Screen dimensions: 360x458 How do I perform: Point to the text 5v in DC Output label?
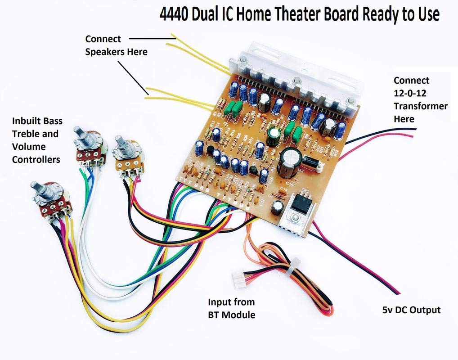point(386,310)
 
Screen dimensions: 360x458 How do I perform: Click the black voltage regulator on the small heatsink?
point(299,205)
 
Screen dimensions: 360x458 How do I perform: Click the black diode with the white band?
point(311,161)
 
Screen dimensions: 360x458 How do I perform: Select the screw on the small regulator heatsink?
point(295,220)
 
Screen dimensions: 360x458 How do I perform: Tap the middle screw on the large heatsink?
point(296,81)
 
